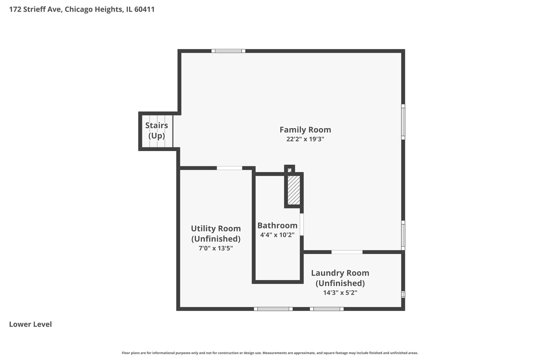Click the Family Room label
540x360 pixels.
305,130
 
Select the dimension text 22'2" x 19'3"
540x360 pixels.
305,139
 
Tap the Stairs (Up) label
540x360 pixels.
156,130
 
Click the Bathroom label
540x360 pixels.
277,225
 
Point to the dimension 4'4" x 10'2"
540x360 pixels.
277,235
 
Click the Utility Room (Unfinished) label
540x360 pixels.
216,233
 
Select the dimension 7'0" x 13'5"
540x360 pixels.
216,248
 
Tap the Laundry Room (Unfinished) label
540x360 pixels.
340,278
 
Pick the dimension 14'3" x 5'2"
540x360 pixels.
340,293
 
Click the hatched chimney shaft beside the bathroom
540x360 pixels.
294,190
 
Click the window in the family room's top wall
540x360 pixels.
228,51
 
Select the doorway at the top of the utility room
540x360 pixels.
229,168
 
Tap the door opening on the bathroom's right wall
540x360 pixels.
302,224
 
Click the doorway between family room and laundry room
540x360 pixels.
347,252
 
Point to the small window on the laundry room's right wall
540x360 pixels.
403,294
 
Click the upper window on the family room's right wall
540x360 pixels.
403,122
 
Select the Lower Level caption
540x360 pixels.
30,324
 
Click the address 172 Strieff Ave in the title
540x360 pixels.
35,9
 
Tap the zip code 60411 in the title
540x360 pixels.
144,9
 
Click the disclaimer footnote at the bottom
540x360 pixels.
270,353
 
